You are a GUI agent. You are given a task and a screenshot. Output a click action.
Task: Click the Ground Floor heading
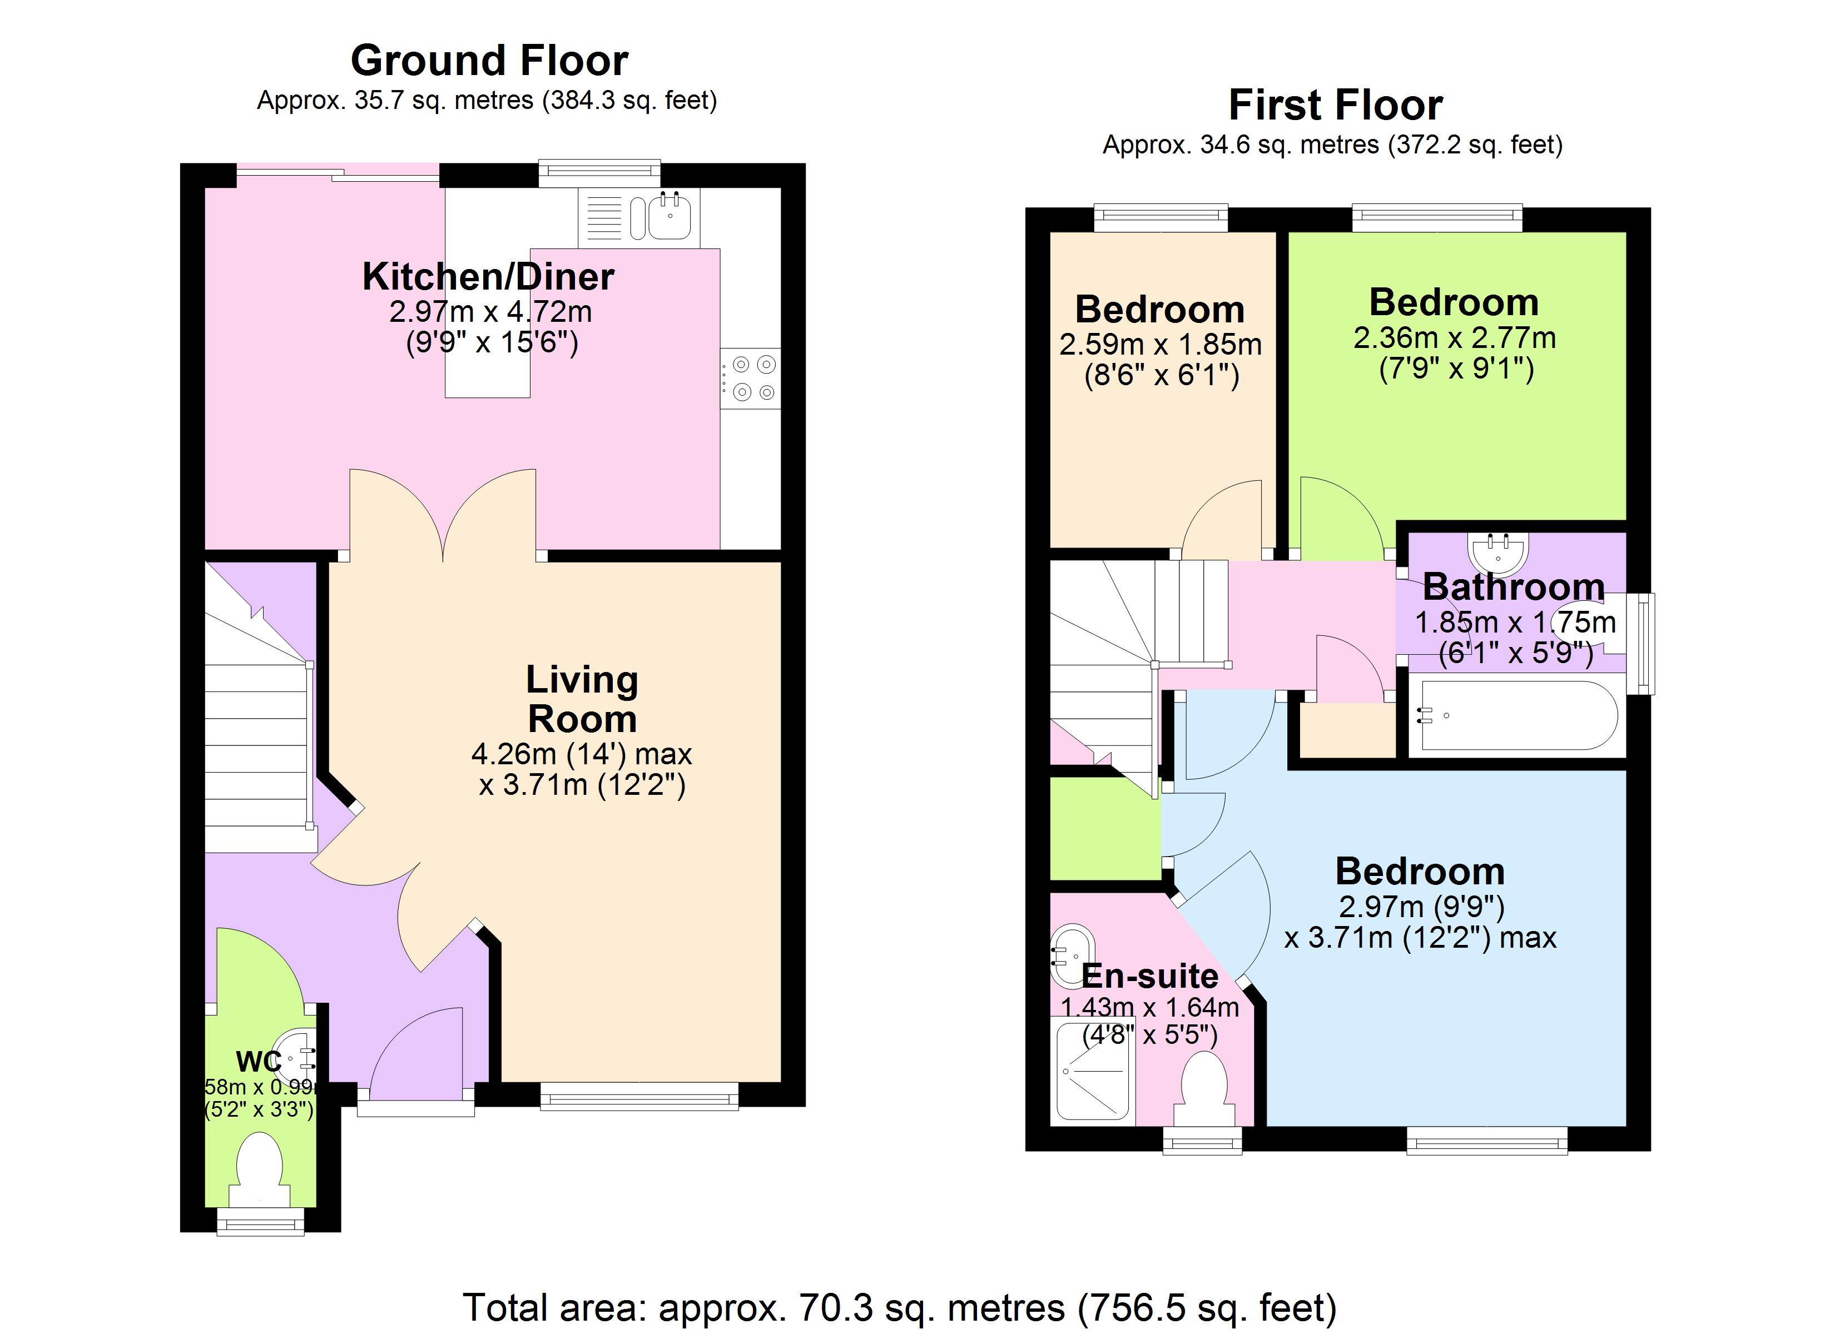[x=489, y=61]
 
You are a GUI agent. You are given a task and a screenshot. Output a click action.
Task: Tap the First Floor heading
[x=1335, y=105]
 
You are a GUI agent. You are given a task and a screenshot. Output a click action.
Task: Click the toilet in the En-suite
[x=1205, y=1084]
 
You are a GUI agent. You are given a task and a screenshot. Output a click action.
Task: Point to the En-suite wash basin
[x=1073, y=947]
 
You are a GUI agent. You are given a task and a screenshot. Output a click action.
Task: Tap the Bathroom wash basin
[x=1499, y=552]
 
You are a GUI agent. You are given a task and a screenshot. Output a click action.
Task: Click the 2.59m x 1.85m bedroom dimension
[x=1160, y=345]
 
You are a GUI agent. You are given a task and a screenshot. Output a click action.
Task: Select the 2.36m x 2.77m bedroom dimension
[x=1454, y=337]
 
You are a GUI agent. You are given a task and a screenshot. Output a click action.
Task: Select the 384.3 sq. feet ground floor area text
[x=629, y=100]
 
